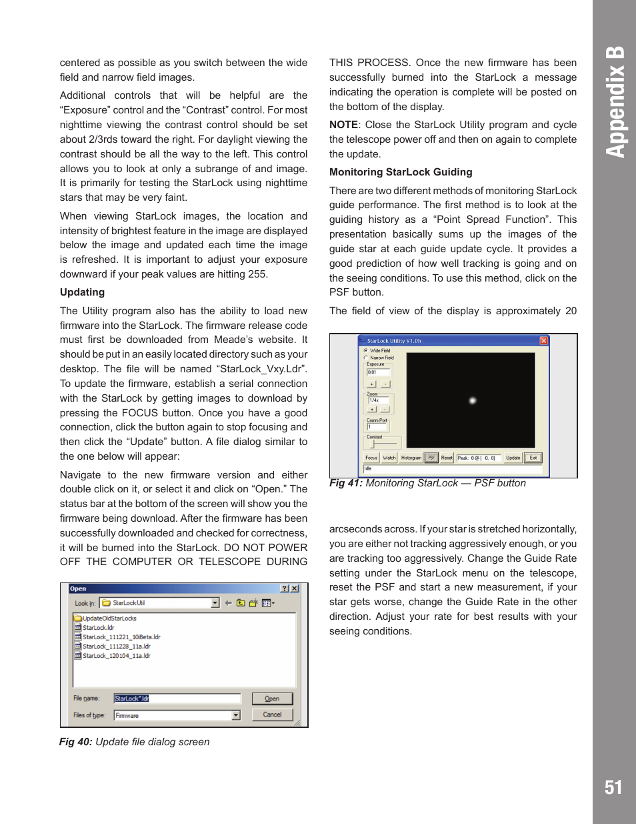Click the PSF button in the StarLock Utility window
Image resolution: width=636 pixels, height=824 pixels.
(431, 458)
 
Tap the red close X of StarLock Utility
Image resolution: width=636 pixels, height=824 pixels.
(543, 341)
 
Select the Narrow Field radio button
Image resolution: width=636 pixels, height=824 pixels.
(366, 358)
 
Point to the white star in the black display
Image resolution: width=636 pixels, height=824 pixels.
(472, 400)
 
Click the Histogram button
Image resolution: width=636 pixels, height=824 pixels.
(411, 458)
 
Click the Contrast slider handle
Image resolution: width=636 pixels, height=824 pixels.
(373, 444)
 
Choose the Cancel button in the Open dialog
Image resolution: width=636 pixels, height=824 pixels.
(272, 715)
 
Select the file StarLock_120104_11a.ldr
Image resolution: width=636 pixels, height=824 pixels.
(116, 656)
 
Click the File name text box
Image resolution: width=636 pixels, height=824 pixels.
(177, 699)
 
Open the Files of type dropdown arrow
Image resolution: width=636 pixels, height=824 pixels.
(235, 715)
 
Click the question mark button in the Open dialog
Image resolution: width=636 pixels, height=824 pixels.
(285, 588)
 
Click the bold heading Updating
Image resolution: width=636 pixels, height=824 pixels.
(82, 292)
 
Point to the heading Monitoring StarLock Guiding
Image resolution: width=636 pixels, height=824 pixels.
(401, 172)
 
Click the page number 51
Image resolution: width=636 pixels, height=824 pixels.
(613, 787)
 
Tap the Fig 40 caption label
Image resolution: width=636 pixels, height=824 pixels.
(76, 742)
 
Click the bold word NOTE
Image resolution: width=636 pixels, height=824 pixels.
(343, 125)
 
